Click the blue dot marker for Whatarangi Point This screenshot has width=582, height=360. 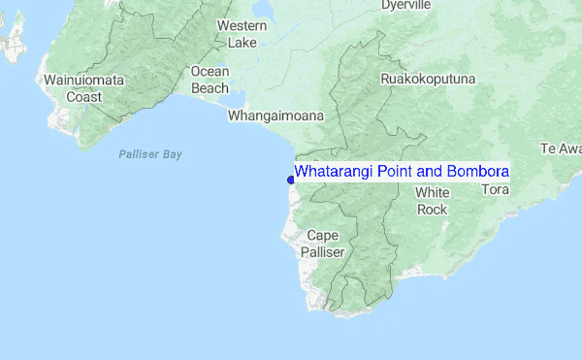291,180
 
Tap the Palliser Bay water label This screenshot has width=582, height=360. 150,154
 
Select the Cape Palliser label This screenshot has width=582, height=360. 322,243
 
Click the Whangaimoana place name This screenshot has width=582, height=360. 275,115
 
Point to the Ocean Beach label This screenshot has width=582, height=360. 210,79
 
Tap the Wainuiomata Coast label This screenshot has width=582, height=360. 81,88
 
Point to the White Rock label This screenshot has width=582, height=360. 432,201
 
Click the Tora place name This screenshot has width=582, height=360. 495,190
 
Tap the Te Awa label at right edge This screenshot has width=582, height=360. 561,148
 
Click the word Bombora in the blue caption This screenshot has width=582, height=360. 475,172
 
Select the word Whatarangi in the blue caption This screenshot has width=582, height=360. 330,172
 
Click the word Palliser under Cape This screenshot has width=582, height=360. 322,251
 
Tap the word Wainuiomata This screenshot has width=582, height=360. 81,80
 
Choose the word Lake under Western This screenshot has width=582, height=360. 242,43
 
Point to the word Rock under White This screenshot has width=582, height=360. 432,210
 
